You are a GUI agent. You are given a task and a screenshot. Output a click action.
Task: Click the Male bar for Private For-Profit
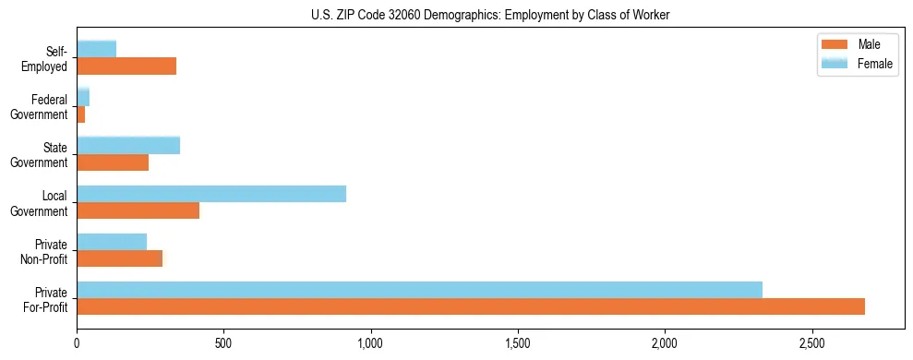[471, 306]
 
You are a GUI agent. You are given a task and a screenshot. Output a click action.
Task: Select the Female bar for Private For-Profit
[420, 290]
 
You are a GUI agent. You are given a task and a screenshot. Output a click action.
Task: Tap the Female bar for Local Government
[211, 194]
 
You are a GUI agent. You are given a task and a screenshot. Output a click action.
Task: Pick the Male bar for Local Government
[138, 210]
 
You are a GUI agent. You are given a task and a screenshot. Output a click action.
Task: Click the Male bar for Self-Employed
[126, 66]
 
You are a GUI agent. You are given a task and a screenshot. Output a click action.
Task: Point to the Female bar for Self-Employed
[97, 49]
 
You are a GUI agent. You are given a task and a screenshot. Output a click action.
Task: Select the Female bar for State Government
[128, 146]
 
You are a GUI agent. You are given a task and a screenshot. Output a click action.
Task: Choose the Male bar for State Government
[113, 162]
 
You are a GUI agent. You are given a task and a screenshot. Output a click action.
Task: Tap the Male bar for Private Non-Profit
[120, 258]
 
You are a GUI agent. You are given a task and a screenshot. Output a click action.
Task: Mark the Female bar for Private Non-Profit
[112, 242]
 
